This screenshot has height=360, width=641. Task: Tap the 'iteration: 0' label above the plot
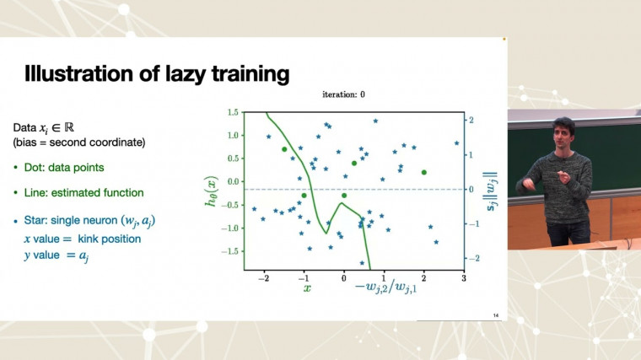(343, 95)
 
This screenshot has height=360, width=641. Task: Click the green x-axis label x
(307, 287)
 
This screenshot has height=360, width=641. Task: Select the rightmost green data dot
(424, 172)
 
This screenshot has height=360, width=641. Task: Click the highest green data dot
(285, 149)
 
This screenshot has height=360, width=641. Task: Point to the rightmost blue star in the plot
(456, 143)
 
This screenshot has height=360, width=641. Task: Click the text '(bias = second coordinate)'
(79, 142)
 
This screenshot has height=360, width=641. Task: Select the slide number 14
(494, 315)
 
